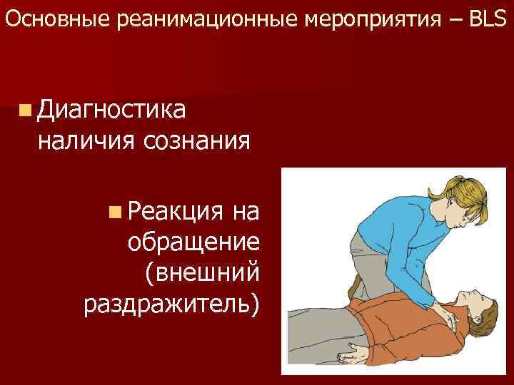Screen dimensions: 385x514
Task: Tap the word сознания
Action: (196, 140)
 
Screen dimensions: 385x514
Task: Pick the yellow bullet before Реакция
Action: (116, 212)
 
